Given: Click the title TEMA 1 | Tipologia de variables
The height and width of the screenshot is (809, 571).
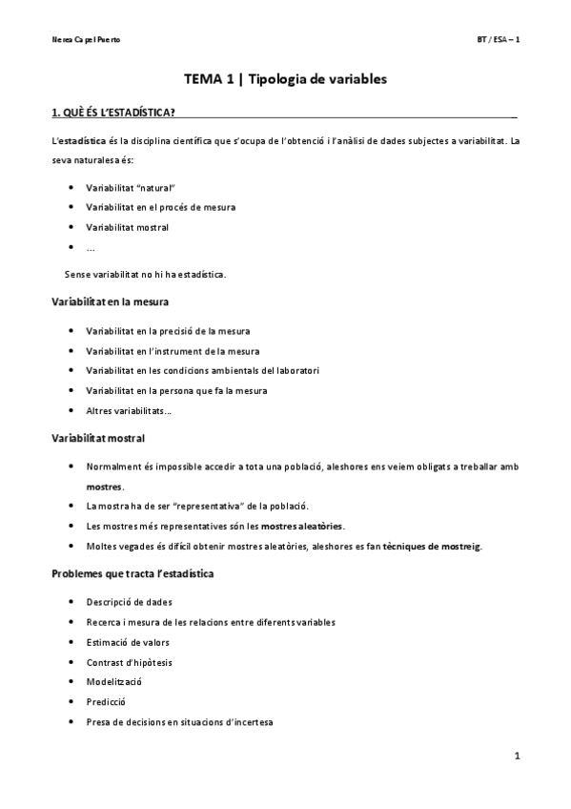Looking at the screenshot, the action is pyautogui.click(x=285, y=81).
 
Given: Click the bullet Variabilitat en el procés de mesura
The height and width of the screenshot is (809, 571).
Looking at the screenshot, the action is pyautogui.click(x=160, y=207).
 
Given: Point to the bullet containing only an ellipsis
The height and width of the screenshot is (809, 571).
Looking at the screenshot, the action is pyautogui.click(x=90, y=248).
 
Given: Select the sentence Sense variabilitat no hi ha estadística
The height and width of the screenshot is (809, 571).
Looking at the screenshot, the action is pyautogui.click(x=145, y=274).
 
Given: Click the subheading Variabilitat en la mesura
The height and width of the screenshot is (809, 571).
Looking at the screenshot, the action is pyautogui.click(x=110, y=301).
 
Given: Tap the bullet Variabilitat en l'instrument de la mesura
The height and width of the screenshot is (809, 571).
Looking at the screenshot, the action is pyautogui.click(x=172, y=350).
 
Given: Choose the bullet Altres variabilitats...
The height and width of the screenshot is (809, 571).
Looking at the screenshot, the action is pyautogui.click(x=129, y=410).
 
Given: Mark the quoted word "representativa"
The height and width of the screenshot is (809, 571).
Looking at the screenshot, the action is pyautogui.click(x=209, y=506).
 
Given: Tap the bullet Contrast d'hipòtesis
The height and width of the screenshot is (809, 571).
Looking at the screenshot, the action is pyautogui.click(x=129, y=662).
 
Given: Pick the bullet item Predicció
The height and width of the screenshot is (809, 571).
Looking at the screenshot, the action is pyautogui.click(x=106, y=702).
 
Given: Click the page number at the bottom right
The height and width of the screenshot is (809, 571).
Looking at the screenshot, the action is pyautogui.click(x=516, y=758).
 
